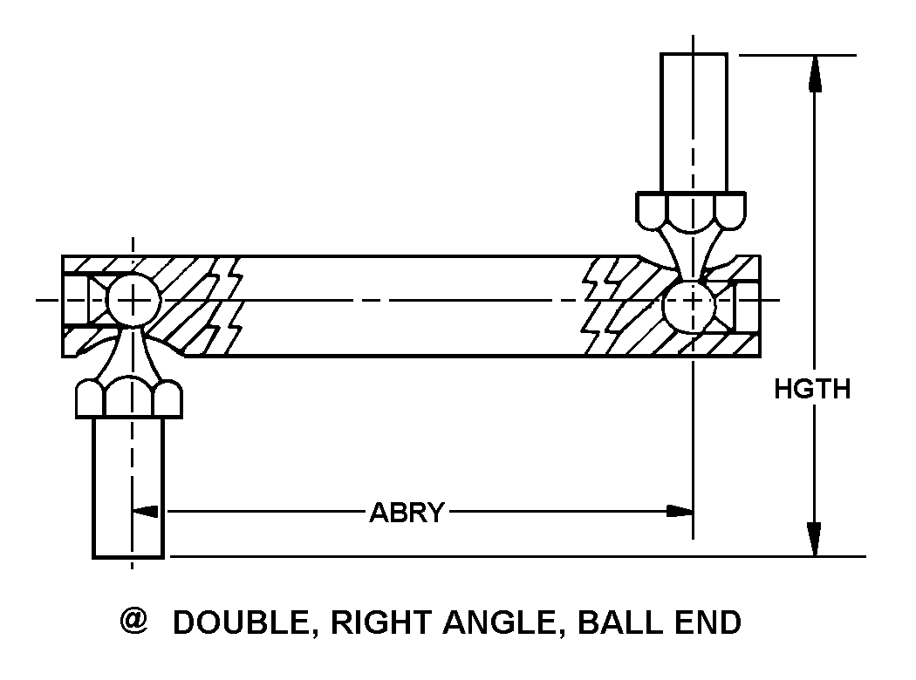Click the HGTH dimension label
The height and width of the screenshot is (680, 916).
pyautogui.click(x=811, y=389)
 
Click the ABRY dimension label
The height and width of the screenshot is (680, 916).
pyautogui.click(x=407, y=512)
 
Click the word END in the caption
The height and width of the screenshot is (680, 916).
pyautogui.click(x=711, y=622)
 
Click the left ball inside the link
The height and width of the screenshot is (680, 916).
pyautogui.click(x=133, y=301)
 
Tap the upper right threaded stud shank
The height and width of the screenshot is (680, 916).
pyautogui.click(x=694, y=122)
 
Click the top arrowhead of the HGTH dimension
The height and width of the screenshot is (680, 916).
pyautogui.click(x=815, y=73)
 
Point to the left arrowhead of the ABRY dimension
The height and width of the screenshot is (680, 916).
pyautogui.click(x=149, y=511)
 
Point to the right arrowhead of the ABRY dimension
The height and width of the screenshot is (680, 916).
pyautogui.click(x=678, y=511)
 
